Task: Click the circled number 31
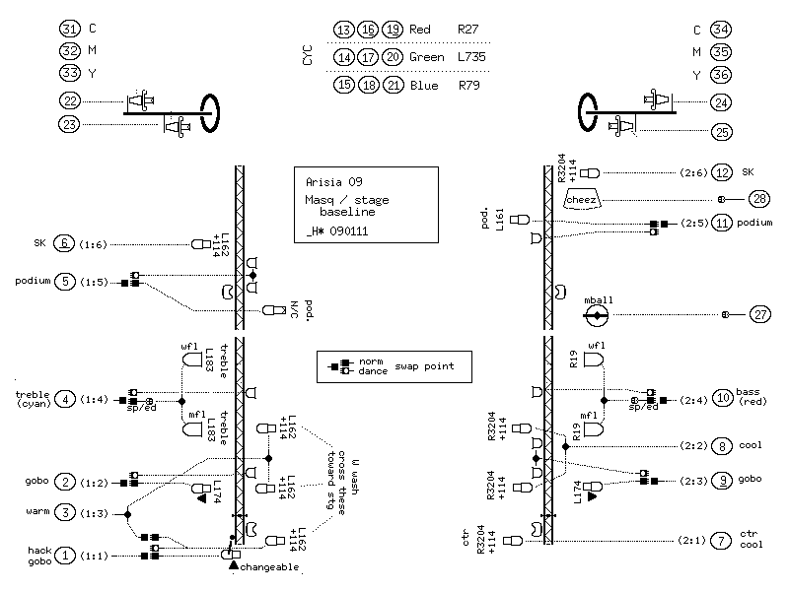coord(69,30)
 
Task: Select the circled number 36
coord(721,75)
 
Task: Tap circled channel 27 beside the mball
coord(758,315)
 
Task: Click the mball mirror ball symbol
coord(596,315)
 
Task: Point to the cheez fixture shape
coord(583,199)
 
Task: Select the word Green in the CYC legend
coord(426,57)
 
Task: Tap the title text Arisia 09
coord(333,181)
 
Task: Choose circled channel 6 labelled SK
coord(65,243)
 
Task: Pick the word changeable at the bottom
coord(269,568)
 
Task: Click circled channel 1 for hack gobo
coord(65,556)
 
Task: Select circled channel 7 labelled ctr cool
coord(722,541)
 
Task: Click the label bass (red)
coord(753,399)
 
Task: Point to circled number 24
coord(721,101)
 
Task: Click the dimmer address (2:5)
coord(692,224)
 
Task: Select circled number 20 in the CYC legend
coord(393,57)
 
